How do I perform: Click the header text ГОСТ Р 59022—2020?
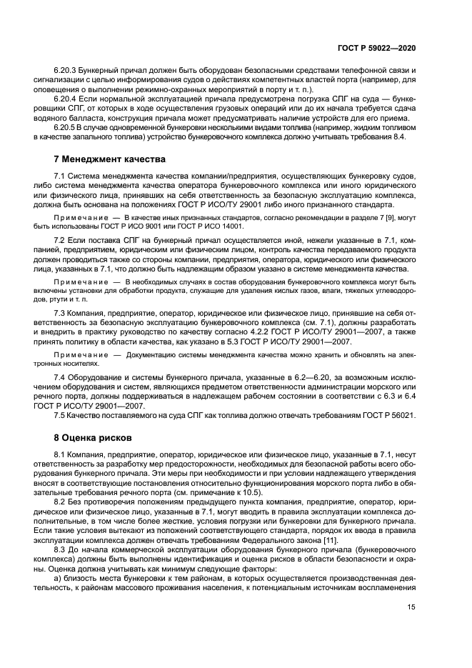(376, 48)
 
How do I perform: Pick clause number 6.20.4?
(66, 102)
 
